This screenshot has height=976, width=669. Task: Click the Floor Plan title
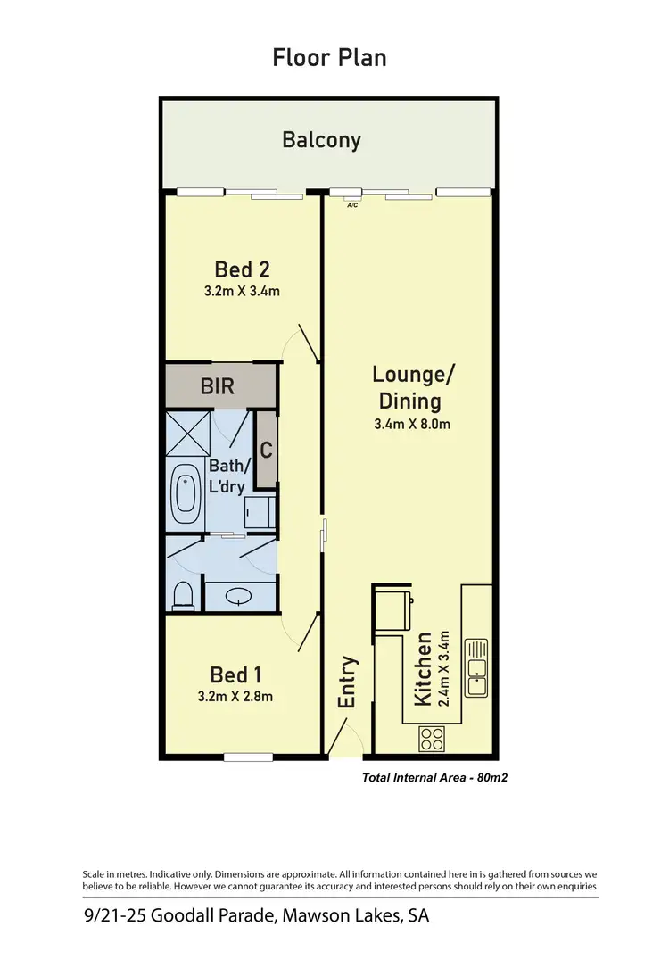tap(329, 58)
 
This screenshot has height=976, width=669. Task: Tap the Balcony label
tap(321, 140)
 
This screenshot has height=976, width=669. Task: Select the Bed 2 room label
tap(242, 269)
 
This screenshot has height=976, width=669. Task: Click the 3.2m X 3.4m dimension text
tap(242, 291)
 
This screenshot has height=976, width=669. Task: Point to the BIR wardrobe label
tap(218, 387)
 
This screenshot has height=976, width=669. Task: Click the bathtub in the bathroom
tap(186, 493)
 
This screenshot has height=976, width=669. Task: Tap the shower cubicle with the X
tap(186, 434)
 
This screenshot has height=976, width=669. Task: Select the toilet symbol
tap(183, 593)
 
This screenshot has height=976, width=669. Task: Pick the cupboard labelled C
tap(266, 451)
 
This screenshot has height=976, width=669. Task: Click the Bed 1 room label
tap(235, 674)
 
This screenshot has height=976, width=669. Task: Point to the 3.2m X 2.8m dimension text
tap(235, 696)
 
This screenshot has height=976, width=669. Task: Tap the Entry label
tap(347, 682)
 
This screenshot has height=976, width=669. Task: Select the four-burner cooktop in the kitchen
tap(432, 739)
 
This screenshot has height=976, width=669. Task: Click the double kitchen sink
tap(477, 666)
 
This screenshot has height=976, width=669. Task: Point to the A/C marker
tap(352, 204)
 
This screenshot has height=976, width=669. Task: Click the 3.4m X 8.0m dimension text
tap(411, 425)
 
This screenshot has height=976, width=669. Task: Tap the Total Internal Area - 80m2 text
tap(434, 778)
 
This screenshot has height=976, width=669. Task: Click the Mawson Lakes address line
tap(255, 916)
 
